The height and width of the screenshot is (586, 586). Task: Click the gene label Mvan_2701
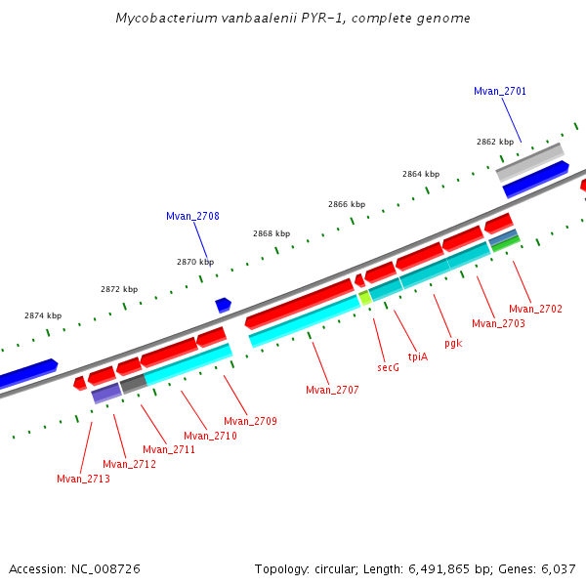pyautogui.click(x=500, y=91)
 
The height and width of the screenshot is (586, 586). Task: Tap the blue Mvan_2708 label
pyautogui.click(x=192, y=216)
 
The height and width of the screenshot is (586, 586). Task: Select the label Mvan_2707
pyautogui.click(x=332, y=390)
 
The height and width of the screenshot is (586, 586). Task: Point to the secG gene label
pyautogui.click(x=388, y=367)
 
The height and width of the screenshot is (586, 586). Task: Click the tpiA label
pyautogui.click(x=417, y=356)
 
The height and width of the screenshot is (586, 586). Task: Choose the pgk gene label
pyautogui.click(x=452, y=343)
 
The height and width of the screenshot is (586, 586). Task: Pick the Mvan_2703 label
pyautogui.click(x=498, y=323)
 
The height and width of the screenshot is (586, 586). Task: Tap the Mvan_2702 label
pyautogui.click(x=535, y=309)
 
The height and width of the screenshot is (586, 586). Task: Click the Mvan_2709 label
pyautogui.click(x=250, y=421)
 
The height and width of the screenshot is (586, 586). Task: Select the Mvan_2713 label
pyautogui.click(x=83, y=479)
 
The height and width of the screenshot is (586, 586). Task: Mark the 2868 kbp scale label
pyautogui.click(x=272, y=233)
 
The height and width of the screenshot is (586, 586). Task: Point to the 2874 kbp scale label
pyautogui.click(x=43, y=315)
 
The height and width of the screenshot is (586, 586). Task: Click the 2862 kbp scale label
pyautogui.click(x=495, y=142)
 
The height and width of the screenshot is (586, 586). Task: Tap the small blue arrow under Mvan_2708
pyautogui.click(x=223, y=305)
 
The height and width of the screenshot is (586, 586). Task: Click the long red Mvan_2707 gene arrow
pyautogui.click(x=298, y=303)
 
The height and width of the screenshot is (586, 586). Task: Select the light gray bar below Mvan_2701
pyautogui.click(x=529, y=162)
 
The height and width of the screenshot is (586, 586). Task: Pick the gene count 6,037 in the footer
pyautogui.click(x=558, y=568)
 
